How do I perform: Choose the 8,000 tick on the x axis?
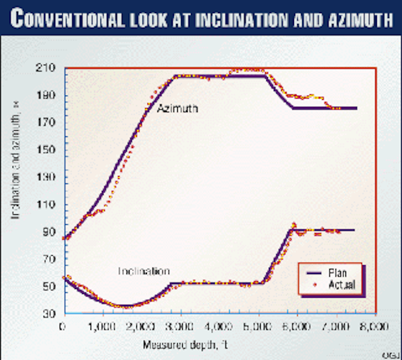[x=376, y=327]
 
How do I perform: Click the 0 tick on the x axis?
[x=62, y=327]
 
